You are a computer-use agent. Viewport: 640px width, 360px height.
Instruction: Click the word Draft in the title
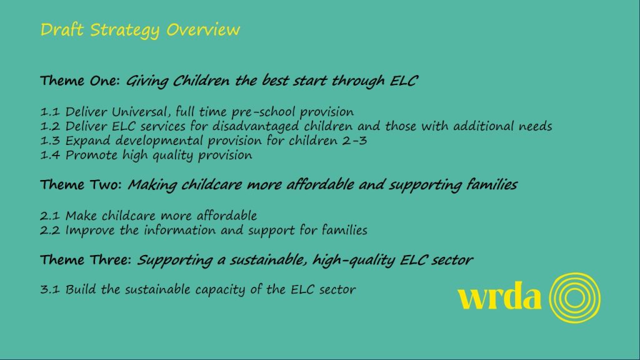point(62,29)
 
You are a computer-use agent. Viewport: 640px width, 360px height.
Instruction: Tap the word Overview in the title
point(203,29)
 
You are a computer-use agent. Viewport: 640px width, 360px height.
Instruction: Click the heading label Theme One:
point(80,81)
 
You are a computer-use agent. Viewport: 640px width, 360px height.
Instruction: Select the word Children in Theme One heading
point(201,81)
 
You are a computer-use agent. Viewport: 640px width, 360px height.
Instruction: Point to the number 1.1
point(50,111)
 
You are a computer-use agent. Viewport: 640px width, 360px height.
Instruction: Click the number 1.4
point(50,155)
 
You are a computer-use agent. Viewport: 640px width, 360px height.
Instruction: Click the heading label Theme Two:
point(81,184)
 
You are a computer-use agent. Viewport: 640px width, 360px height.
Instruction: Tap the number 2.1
point(50,216)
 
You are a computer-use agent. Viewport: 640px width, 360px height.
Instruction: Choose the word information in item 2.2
point(179,230)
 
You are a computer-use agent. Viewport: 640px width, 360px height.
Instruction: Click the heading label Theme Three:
point(86,259)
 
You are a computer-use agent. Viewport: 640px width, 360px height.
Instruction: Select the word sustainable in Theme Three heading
point(267,259)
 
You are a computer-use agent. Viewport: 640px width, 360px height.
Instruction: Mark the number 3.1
point(50,289)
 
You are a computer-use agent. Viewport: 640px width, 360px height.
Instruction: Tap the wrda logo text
point(499,296)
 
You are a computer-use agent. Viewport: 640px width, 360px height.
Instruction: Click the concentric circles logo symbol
point(575,274)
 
